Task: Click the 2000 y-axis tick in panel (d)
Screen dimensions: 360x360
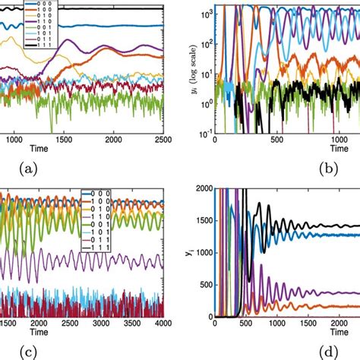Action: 200,189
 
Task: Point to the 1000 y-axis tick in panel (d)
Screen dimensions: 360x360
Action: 200,252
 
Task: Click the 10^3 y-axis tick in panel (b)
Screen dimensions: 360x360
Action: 204,14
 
